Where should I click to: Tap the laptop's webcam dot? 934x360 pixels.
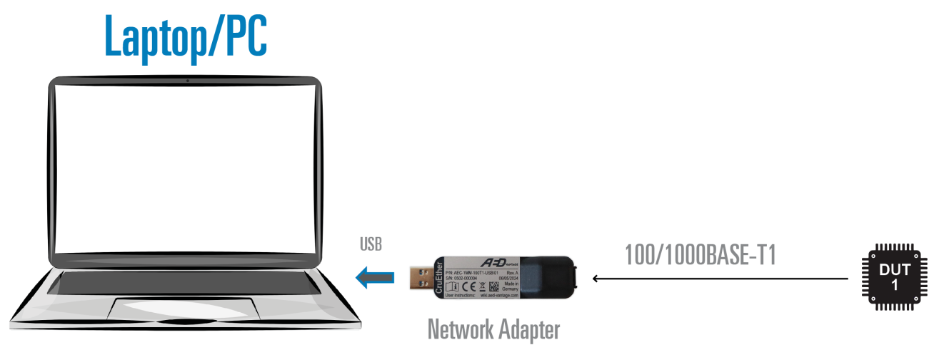[187, 80]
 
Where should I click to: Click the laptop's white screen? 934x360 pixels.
[186, 168]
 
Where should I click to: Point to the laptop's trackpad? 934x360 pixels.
[184, 308]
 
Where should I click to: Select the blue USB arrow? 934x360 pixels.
[375, 276]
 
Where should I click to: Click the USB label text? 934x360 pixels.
[371, 245]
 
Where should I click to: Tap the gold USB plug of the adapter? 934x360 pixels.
[420, 276]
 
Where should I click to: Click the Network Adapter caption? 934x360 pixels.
[493, 329]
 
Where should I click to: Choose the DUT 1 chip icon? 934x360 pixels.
[895, 277]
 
